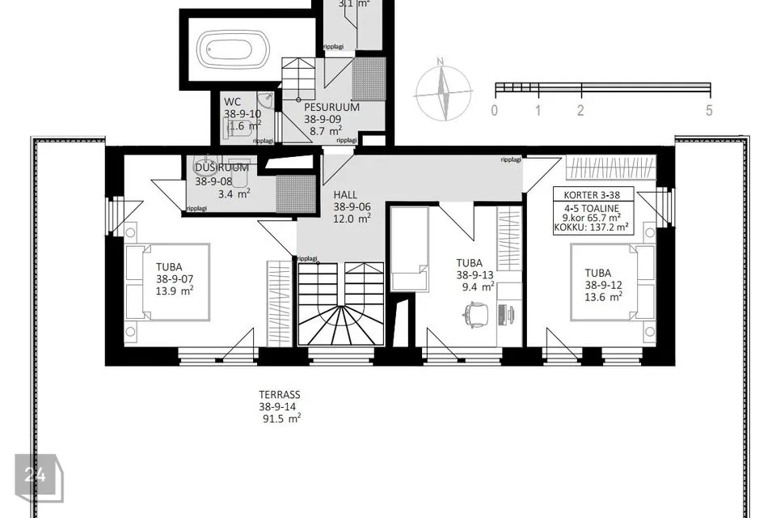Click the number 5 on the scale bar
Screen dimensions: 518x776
pos(708,111)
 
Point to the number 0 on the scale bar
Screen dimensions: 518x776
pos(495,111)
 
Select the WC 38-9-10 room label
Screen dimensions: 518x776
pos(242,114)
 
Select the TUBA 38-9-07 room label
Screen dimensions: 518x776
pos(175,278)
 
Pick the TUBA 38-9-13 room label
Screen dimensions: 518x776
pos(474,274)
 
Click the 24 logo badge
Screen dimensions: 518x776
pos(36,475)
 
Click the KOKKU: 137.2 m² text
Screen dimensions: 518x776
pos(593,229)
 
